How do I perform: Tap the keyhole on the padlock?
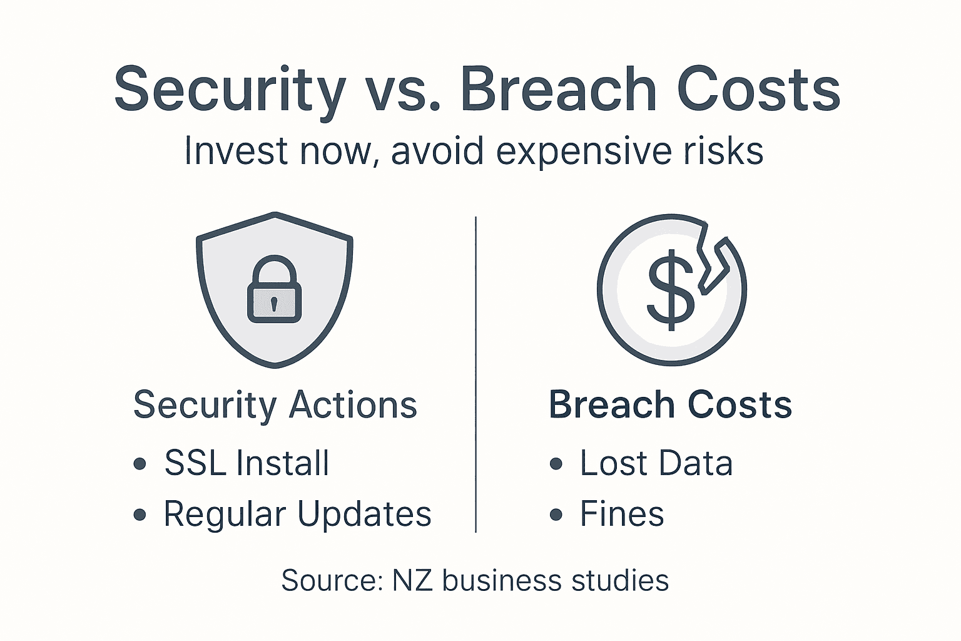[x=274, y=304]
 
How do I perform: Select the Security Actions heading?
[x=275, y=405]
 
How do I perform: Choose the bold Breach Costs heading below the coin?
[x=670, y=405]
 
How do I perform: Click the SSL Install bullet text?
[x=247, y=463]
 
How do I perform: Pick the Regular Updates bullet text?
[x=297, y=514]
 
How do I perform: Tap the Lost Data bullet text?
[x=656, y=463]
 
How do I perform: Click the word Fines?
[x=622, y=514]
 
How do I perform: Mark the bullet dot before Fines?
[x=556, y=515]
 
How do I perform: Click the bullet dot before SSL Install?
[x=140, y=464]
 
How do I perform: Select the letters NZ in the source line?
[x=412, y=580]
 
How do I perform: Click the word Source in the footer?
[x=332, y=580]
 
